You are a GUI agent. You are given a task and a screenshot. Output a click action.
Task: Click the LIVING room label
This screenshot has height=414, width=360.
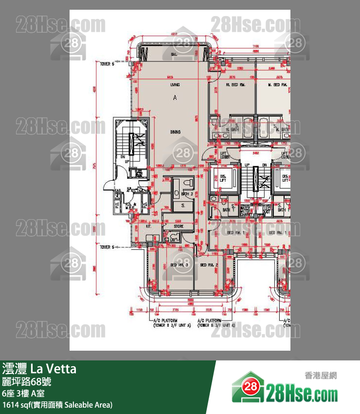tap(175, 85)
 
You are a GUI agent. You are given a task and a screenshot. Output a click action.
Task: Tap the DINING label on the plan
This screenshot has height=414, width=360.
tap(176, 132)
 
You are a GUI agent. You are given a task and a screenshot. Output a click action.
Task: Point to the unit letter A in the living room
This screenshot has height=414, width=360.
tap(175, 98)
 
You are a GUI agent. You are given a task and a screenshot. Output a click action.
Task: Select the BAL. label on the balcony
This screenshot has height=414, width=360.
tap(173, 55)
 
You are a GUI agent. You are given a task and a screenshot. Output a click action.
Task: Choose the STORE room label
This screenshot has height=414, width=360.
tap(178, 226)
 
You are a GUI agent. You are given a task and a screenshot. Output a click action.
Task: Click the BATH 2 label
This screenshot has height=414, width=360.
tap(187, 194)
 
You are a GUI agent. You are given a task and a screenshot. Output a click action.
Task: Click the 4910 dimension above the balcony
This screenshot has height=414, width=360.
tap(174, 35)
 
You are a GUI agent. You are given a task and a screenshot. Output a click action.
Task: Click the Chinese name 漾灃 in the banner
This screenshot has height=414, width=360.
tap(14, 369)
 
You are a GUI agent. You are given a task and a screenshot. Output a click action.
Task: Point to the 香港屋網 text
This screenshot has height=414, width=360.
tap(320, 376)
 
